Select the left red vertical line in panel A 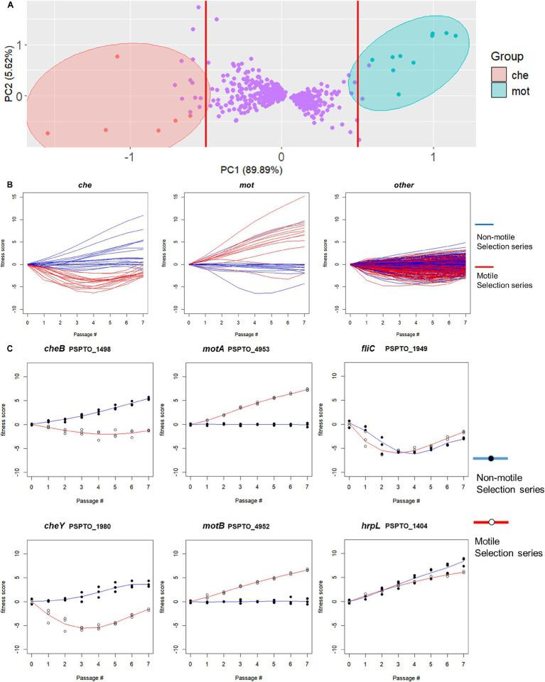tap(206, 71)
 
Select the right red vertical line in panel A tap(357, 71)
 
